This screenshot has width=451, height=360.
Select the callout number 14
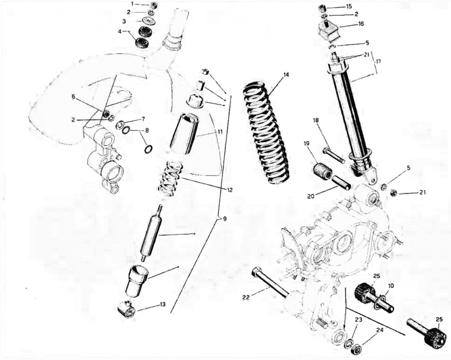click(x=286, y=75)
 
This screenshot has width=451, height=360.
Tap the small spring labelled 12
click(x=171, y=179)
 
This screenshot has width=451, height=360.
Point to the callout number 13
click(x=162, y=304)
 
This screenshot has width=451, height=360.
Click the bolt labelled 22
click(x=269, y=282)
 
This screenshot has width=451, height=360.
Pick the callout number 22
click(x=246, y=297)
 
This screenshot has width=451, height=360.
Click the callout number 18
click(x=316, y=120)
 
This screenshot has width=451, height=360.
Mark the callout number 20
click(x=311, y=196)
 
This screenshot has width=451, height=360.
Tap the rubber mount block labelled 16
click(x=329, y=32)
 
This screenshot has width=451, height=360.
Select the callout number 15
click(x=349, y=6)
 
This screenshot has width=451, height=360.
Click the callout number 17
click(x=378, y=61)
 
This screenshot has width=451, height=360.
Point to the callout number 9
click(x=225, y=219)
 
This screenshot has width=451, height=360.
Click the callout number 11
click(x=220, y=132)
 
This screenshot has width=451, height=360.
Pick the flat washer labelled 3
click(x=148, y=21)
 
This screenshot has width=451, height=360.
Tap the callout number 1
click(x=132, y=4)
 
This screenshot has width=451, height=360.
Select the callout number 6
click(x=73, y=97)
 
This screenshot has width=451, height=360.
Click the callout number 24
click(x=380, y=331)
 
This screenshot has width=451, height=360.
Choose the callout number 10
click(x=391, y=285)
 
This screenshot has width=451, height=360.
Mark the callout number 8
click(x=147, y=130)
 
